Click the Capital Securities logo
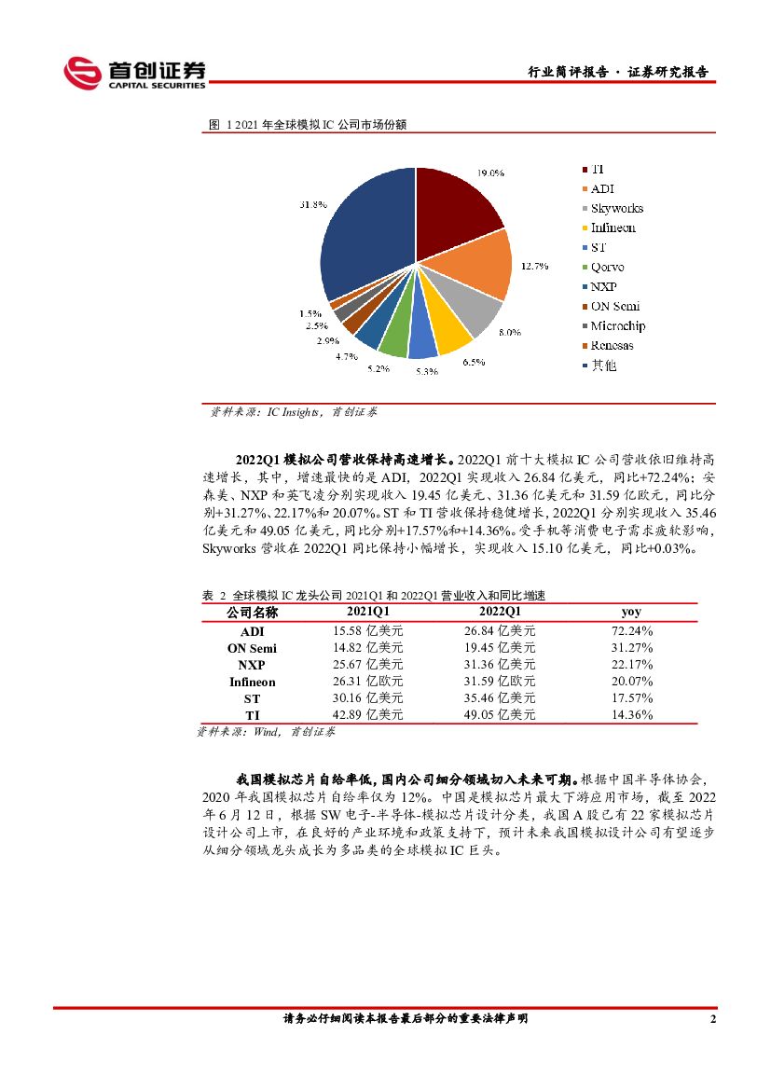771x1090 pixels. (x=134, y=73)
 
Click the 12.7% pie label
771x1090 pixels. (x=534, y=267)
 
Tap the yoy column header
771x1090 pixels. (x=631, y=612)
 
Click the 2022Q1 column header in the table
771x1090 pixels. (x=500, y=612)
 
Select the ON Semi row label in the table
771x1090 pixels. (x=252, y=647)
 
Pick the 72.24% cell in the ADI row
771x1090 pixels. (x=631, y=630)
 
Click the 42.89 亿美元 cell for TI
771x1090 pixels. (x=368, y=715)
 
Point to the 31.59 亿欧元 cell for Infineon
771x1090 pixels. (x=500, y=682)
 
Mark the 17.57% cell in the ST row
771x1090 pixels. (x=631, y=698)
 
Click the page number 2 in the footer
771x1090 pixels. (x=713, y=1019)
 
